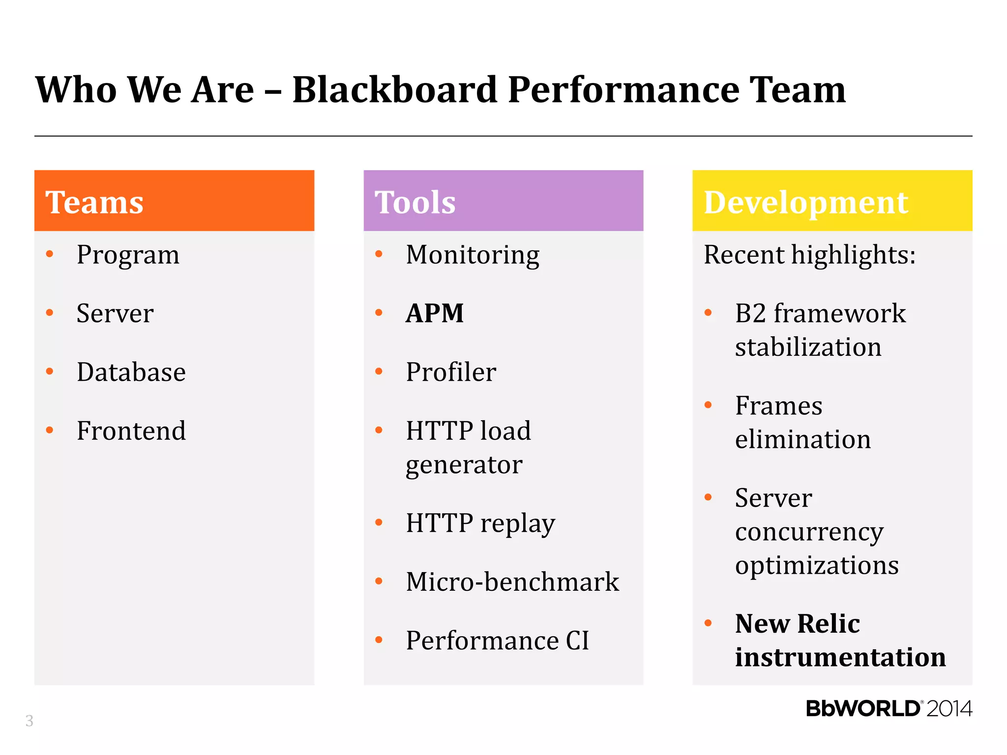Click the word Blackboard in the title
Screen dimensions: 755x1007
394,90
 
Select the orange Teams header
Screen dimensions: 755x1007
174,201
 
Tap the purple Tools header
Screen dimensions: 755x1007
503,201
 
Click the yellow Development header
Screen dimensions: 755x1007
832,201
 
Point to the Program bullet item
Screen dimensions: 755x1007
128,255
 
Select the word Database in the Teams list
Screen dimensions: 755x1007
131,372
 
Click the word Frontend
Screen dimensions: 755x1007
131,431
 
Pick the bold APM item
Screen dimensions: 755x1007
435,314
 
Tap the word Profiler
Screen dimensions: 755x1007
451,372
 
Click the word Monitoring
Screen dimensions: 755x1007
473,255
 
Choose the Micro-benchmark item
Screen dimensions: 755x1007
512,582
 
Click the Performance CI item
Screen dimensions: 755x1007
497,641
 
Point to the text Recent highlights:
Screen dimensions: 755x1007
809,255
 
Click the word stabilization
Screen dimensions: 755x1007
808,347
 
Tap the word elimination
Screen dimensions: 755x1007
802,439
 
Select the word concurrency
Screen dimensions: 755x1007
809,532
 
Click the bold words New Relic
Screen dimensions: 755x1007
797,624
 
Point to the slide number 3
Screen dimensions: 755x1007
30,721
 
